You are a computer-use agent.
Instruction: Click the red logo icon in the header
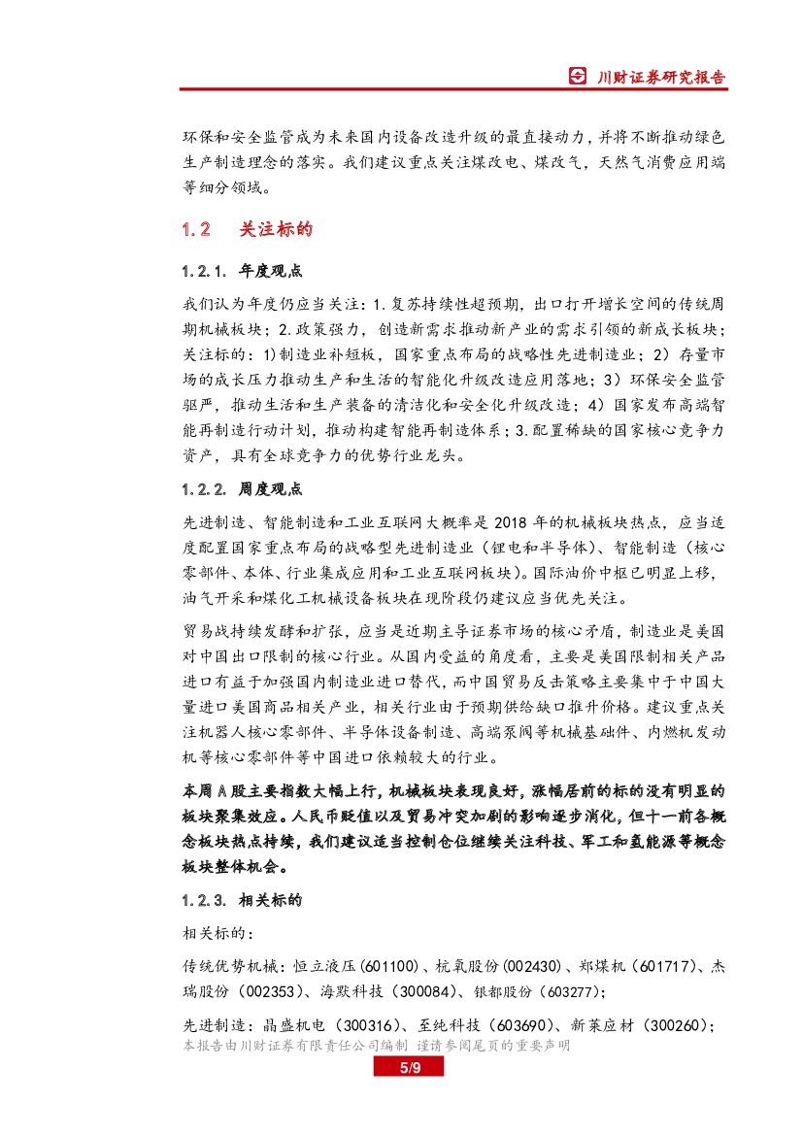578,77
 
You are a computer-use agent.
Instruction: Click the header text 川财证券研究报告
660,77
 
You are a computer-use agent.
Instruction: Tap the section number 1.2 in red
196,230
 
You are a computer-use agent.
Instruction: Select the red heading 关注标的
276,230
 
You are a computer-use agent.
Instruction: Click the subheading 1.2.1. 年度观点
242,269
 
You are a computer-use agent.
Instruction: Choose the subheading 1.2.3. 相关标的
242,900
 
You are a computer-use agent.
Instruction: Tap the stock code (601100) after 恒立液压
388,967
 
